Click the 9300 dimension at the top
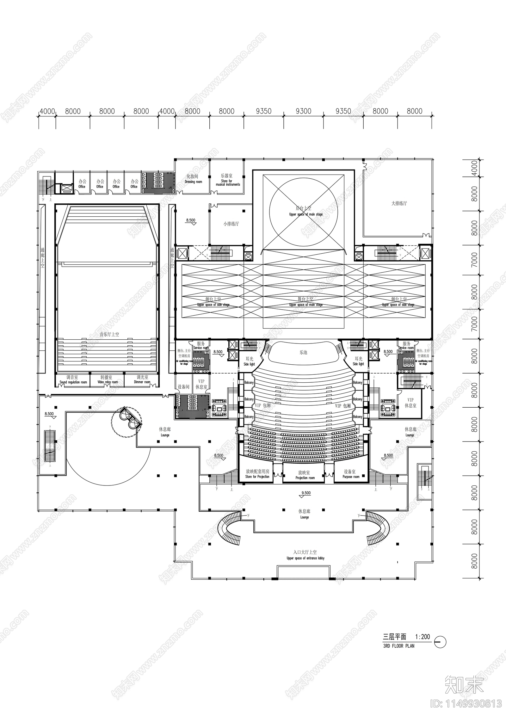tap(303, 111)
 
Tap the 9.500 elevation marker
tap(306, 493)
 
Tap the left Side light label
tap(249, 361)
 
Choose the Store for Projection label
tap(257, 474)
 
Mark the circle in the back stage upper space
tap(303, 212)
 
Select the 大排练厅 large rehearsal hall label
tap(399, 204)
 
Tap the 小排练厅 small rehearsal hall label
tap(231, 224)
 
